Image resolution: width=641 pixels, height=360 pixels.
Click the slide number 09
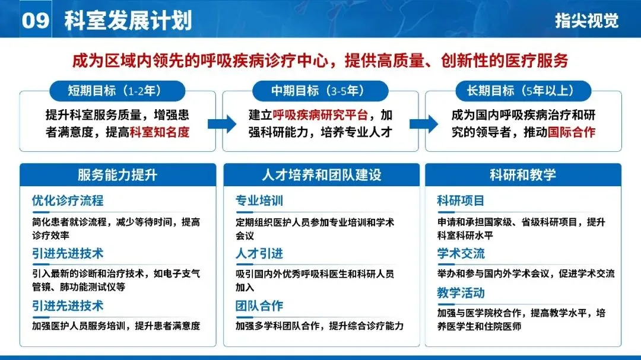(x=34, y=20)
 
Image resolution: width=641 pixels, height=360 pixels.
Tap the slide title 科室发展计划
(x=128, y=20)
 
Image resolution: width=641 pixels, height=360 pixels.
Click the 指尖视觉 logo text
(x=586, y=21)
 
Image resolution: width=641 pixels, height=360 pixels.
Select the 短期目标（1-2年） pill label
(x=118, y=91)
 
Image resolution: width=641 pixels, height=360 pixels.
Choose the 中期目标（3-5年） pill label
(x=320, y=91)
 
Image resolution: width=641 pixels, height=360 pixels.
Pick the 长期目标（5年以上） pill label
(x=523, y=91)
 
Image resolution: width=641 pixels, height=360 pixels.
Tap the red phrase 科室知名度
(x=160, y=132)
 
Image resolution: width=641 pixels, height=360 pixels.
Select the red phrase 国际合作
(x=572, y=132)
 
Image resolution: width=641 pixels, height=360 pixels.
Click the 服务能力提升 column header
(x=118, y=175)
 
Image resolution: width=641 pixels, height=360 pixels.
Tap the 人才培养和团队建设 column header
(x=321, y=175)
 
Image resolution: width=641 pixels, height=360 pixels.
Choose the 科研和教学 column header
(x=523, y=175)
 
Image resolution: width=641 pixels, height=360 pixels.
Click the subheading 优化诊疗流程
(x=68, y=200)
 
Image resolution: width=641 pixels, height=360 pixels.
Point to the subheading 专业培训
(x=259, y=200)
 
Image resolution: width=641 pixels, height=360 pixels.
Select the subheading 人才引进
(x=259, y=254)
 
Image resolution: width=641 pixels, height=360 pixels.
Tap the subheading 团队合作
(x=259, y=306)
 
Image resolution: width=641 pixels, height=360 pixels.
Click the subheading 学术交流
(x=461, y=254)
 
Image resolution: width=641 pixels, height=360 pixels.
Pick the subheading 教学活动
(x=461, y=293)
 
